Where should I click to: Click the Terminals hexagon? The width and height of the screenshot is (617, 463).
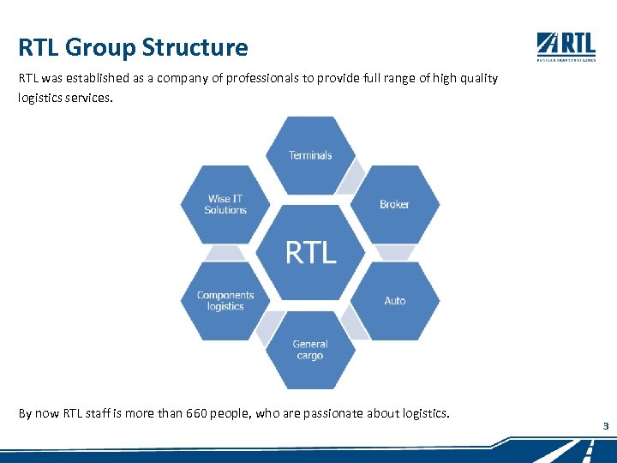(310, 155)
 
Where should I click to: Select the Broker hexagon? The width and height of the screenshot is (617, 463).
(394, 204)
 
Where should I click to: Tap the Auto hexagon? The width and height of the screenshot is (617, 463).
(394, 301)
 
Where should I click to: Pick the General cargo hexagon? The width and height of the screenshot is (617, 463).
(310, 350)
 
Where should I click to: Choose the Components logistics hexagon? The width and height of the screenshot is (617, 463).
(225, 301)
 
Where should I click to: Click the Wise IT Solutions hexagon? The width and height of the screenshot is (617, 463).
(225, 204)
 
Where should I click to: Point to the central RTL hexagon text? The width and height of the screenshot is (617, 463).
(310, 252)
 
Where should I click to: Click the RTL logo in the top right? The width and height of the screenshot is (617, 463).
(566, 46)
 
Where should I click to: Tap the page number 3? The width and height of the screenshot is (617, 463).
(605, 426)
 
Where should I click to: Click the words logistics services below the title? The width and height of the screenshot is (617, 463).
(64, 98)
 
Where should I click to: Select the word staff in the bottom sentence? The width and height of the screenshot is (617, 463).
(100, 413)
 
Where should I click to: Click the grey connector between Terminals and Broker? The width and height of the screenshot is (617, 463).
(350, 178)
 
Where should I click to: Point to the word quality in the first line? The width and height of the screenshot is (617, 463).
(477, 78)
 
